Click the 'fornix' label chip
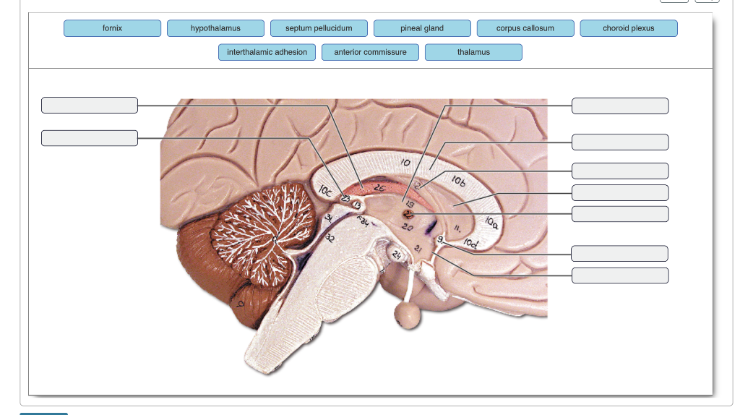pyautogui.click(x=112, y=28)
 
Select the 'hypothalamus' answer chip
pyautogui.click(x=215, y=28)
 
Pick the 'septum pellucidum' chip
pyautogui.click(x=319, y=28)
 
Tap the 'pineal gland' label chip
pyautogui.click(x=422, y=28)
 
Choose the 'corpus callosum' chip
pyautogui.click(x=525, y=28)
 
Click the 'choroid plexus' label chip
pyautogui.click(x=628, y=28)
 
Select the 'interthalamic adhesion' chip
pyautogui.click(x=267, y=52)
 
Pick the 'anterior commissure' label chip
pyautogui.click(x=370, y=52)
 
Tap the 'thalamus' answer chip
pyautogui.click(x=473, y=52)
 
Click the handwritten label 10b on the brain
pyautogui.click(x=459, y=179)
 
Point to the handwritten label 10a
pyautogui.click(x=491, y=221)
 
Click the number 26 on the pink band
pyautogui.click(x=379, y=187)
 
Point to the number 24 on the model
pyautogui.click(x=396, y=255)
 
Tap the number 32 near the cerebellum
pyautogui.click(x=330, y=238)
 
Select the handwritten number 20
pyautogui.click(x=408, y=227)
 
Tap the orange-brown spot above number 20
pyautogui.click(x=409, y=214)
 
